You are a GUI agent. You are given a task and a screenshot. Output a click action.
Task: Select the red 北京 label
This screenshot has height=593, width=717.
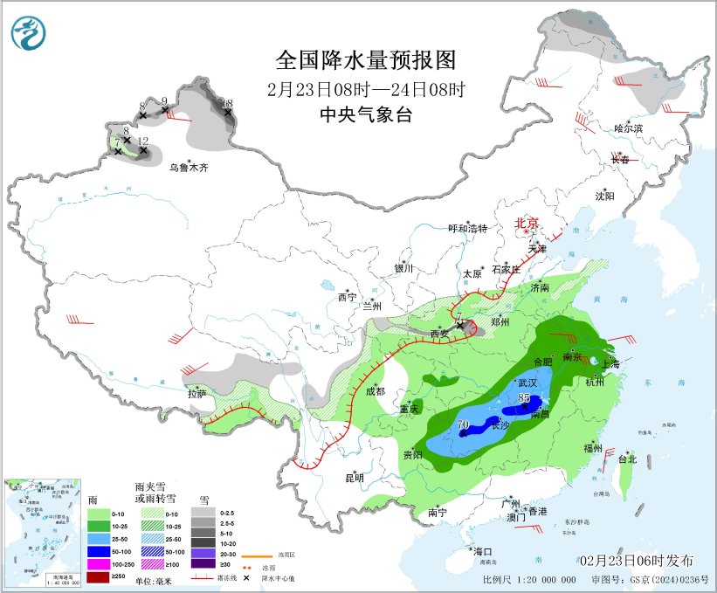[x=527, y=223]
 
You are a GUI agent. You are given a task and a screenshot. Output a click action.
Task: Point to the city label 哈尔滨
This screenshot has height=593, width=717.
[x=627, y=128]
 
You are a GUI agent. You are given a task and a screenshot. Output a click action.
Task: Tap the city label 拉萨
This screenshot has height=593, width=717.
[x=196, y=394]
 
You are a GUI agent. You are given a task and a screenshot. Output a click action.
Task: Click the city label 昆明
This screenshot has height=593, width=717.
[x=354, y=478]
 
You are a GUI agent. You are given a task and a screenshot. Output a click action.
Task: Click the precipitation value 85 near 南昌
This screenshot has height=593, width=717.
[x=524, y=398]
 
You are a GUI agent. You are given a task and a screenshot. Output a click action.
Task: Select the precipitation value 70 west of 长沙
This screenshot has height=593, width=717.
[x=464, y=425]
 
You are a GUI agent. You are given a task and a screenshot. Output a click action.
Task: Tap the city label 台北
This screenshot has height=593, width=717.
[x=627, y=459]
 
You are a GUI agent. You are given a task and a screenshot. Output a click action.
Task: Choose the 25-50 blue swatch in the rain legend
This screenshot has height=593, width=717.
[x=98, y=539]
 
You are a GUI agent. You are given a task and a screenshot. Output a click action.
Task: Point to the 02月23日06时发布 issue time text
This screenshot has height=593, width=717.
[x=636, y=560]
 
